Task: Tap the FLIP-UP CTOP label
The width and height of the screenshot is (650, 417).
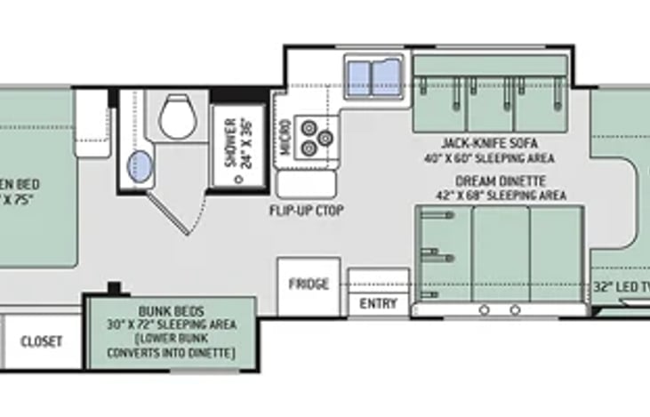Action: click(x=306, y=211)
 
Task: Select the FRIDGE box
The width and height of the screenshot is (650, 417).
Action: click(x=308, y=285)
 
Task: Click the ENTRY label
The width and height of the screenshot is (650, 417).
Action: click(x=378, y=303)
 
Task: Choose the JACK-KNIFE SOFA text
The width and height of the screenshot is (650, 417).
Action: click(x=489, y=142)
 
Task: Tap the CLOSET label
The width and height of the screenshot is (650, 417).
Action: click(x=42, y=341)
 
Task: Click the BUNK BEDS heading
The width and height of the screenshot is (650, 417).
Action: click(x=173, y=312)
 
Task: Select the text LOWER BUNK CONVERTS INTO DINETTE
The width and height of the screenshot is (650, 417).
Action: click(x=173, y=348)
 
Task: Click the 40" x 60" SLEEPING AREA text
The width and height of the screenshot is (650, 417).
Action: click(x=489, y=158)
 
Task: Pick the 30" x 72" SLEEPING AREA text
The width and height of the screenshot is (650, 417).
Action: click(x=173, y=325)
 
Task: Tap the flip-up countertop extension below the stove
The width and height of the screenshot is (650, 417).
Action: click(x=306, y=184)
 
